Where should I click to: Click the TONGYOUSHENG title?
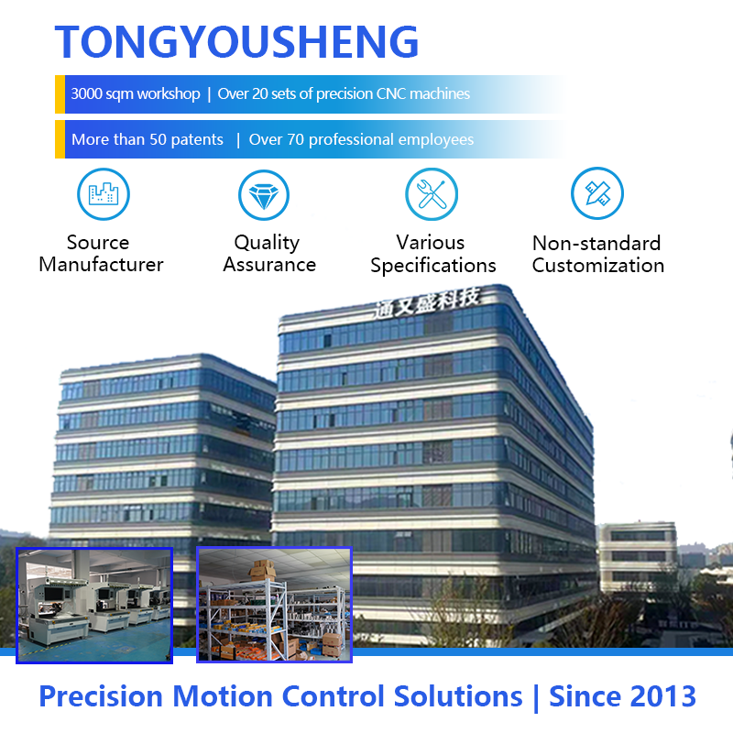pos(236,41)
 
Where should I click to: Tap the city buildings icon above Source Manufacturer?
pos(104,194)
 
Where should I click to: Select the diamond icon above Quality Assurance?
pos(264,195)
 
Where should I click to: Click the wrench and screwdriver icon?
pos(432,194)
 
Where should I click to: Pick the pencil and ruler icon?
pos(597,193)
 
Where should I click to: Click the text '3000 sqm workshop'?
pos(136,94)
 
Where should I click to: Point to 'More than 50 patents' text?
pos(148,139)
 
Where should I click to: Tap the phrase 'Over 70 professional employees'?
pos(361,139)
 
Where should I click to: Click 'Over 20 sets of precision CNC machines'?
pos(344,94)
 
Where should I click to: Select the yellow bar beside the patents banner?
pos(60,139)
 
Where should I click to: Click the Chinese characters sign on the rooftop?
pos(426,303)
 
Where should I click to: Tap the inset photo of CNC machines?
pos(94,606)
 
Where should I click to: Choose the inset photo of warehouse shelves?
pos(274,605)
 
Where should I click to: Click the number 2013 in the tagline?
pos(663,696)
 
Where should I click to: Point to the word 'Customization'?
pos(598,266)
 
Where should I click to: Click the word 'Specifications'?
pos(433,266)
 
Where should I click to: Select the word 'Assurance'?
pos(269,265)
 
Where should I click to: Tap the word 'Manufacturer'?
pos(101,265)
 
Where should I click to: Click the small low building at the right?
pos(638,556)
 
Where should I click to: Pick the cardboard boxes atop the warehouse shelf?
pos(263,570)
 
